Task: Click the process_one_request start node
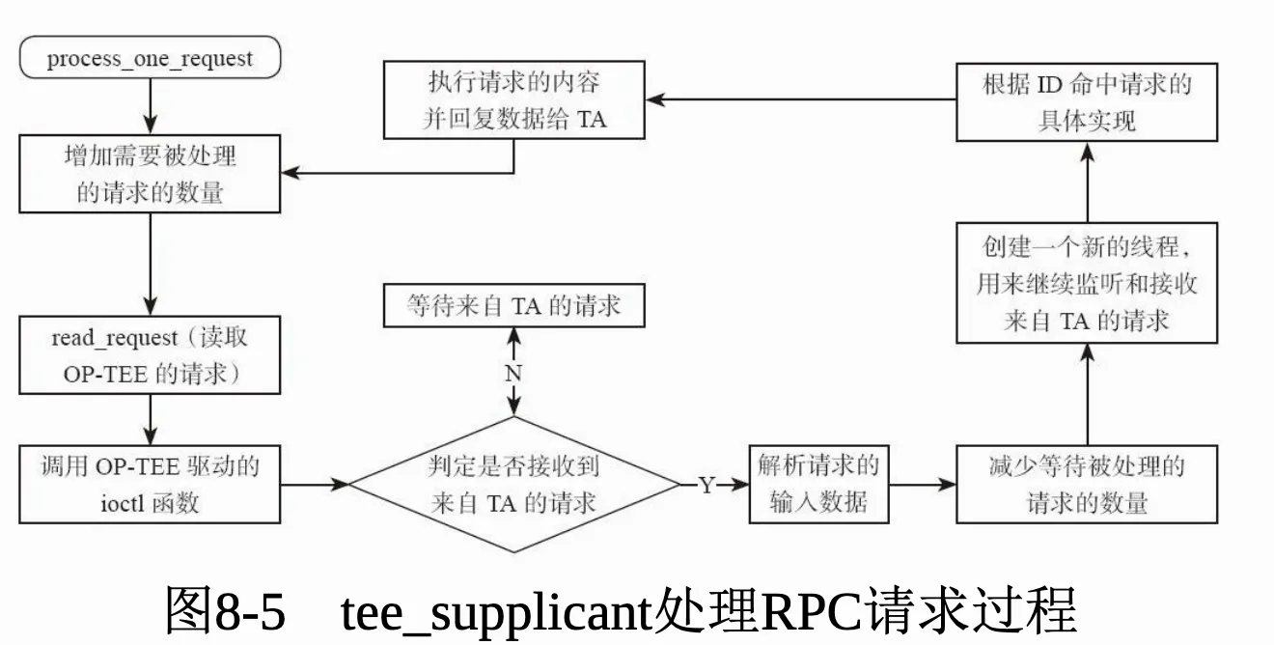[150, 57]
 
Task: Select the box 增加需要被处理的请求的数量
[150, 174]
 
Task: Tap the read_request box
[150, 355]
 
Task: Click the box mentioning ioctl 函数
[150, 484]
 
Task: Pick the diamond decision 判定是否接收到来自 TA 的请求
[513, 484]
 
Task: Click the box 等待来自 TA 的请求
[513, 307]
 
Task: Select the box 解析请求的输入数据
[818, 484]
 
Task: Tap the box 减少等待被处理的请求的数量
[1087, 484]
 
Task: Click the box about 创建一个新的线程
[1087, 283]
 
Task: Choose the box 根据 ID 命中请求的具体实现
[1087, 101]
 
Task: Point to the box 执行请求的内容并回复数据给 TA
[514, 101]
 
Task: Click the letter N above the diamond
[513, 374]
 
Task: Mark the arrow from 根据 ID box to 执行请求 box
[801, 98]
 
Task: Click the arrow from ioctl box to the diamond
[314, 484]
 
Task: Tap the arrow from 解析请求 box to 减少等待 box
[922, 484]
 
